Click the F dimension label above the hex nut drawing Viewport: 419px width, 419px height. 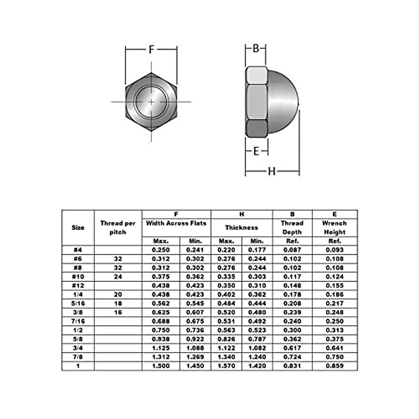[151, 49]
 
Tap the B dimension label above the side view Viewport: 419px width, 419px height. [256, 48]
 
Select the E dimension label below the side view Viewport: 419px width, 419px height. [256, 151]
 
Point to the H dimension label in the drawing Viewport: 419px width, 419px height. [272, 171]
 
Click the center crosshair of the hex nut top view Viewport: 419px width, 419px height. [151, 102]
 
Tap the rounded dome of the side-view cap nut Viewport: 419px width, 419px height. [284, 101]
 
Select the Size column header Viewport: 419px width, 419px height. [78, 228]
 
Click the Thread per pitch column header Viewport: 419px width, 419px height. [118, 228]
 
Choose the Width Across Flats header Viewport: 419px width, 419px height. [176, 223]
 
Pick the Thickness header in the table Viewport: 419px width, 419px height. [241, 228]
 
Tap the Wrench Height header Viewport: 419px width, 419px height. [335, 228]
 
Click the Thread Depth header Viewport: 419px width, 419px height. [292, 228]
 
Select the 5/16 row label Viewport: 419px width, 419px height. [78, 303]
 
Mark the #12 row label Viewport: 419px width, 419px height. [78, 286]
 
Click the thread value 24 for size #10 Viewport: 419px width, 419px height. [118, 277]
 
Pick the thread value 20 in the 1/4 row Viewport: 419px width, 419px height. [118, 295]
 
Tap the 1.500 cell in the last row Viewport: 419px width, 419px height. [161, 366]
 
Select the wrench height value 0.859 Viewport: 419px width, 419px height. [335, 366]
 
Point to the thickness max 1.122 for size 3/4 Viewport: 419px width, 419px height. [226, 348]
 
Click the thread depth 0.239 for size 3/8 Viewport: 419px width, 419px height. [292, 313]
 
